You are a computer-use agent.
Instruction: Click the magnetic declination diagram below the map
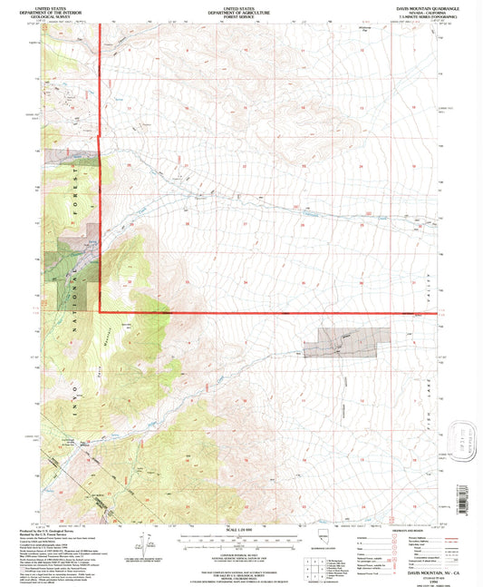point(144,545)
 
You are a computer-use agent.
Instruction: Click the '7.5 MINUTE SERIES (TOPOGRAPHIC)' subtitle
point(423,17)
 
